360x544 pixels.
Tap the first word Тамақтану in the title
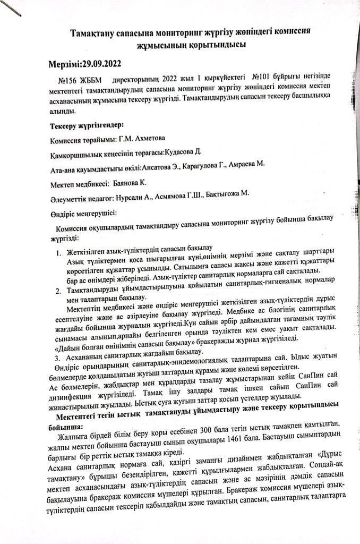pos(96,33)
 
